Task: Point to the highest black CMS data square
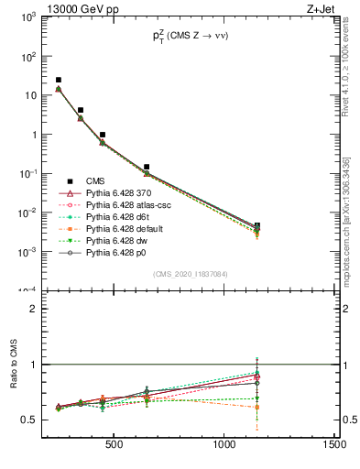point(59,81)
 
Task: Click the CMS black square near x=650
point(147,168)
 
